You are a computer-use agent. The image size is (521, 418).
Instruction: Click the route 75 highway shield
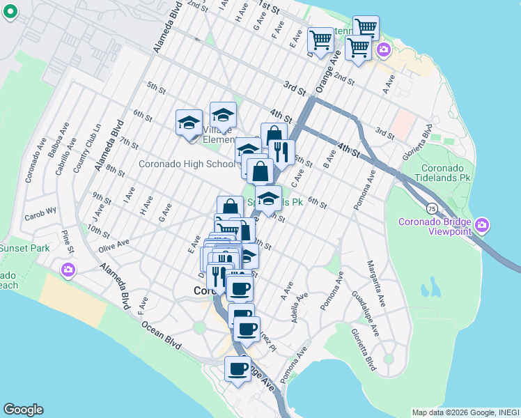coord(432,208)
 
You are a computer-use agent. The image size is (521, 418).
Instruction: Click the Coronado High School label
coord(187,164)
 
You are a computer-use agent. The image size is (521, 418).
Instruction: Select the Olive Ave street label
coord(114,244)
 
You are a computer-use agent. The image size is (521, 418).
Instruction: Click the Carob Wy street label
coord(42,217)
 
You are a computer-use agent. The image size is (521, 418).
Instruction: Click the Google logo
coord(23,410)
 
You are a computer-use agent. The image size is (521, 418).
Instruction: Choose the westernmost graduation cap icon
coord(188,123)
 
